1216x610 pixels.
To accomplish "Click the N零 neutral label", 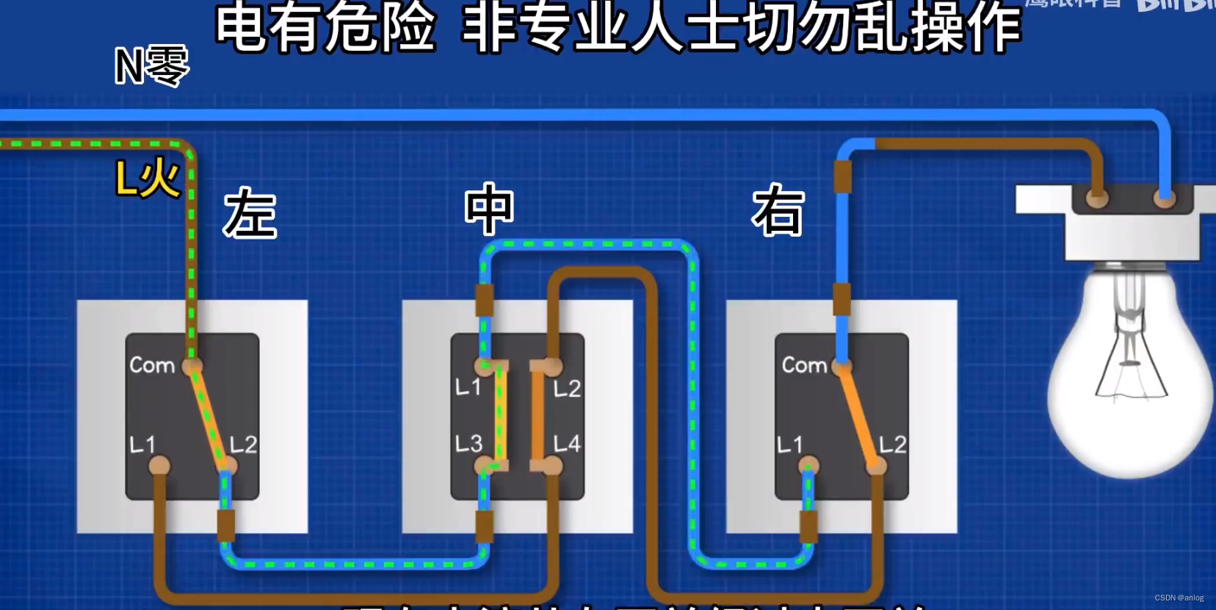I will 152,65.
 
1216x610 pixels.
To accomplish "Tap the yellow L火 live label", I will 148,179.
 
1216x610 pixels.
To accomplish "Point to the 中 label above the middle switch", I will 489,209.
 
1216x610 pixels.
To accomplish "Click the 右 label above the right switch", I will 778,211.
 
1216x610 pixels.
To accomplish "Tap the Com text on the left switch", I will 152,365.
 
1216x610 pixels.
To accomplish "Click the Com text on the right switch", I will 804,365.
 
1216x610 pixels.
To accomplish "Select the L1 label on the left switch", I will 142,445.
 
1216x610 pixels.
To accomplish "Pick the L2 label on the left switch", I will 243,445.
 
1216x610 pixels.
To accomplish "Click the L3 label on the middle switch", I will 468,443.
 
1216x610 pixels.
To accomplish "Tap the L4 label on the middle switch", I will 567,443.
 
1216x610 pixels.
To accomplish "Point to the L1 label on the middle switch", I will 468,387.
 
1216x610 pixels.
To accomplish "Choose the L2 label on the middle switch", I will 567,389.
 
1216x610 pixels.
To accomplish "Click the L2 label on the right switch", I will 892,445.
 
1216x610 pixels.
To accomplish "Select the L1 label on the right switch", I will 790,445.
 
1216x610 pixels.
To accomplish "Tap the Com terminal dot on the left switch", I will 192,365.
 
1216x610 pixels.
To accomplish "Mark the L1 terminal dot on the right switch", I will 808,465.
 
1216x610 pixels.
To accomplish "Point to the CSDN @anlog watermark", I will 1179,598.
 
